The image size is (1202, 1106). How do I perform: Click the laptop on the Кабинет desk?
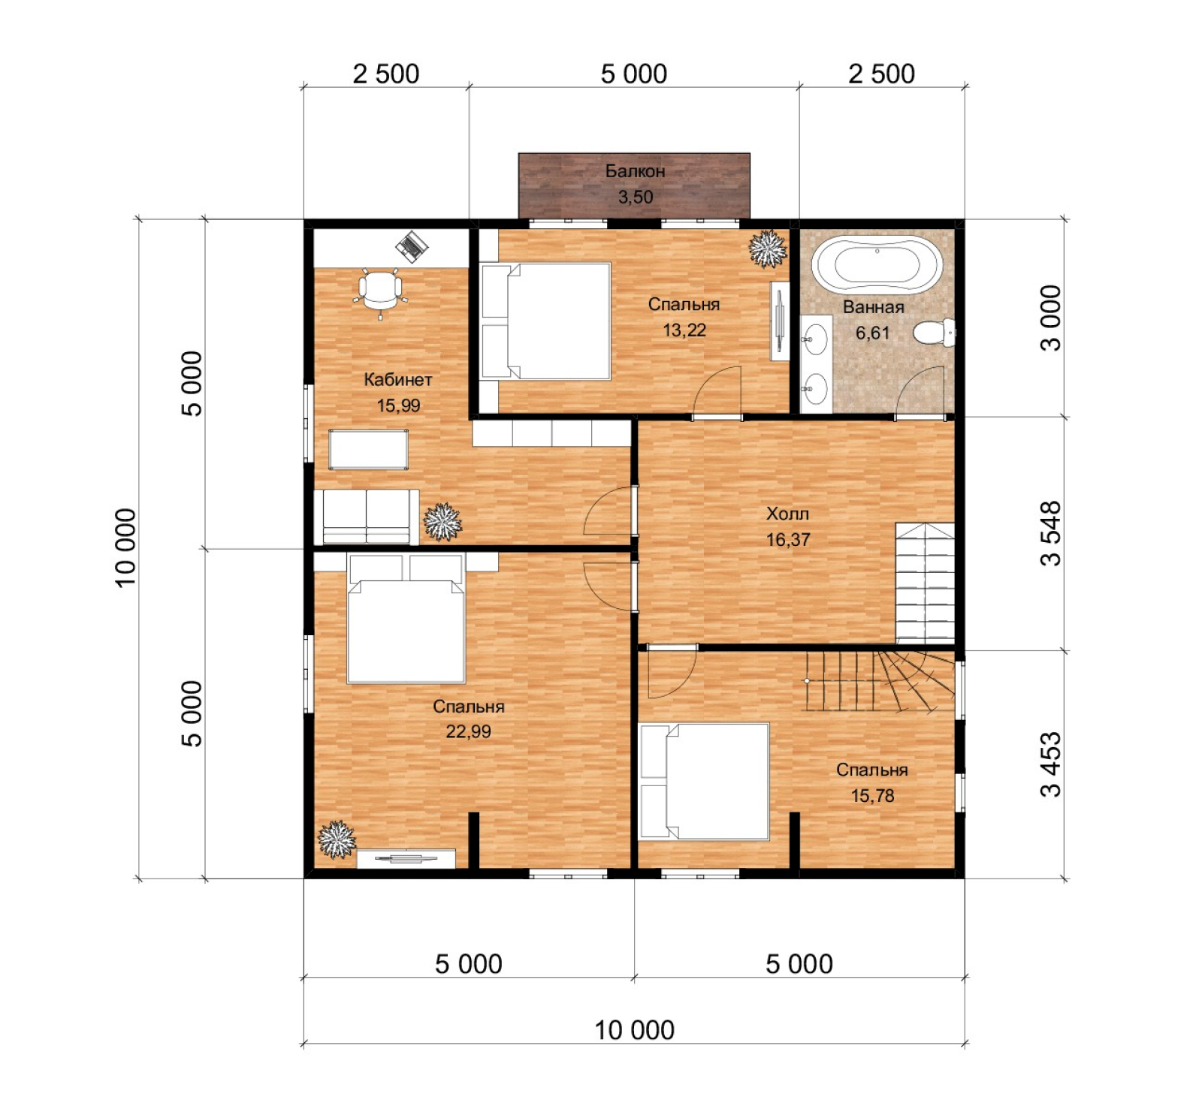pyautogui.click(x=412, y=246)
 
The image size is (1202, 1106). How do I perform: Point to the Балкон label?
pyautogui.click(x=635, y=171)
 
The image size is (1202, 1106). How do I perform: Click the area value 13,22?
pyautogui.click(x=684, y=330)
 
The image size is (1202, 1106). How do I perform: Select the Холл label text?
pyautogui.click(x=787, y=514)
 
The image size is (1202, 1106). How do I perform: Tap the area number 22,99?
pyautogui.click(x=468, y=731)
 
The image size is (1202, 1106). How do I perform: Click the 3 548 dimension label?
pyautogui.click(x=1051, y=533)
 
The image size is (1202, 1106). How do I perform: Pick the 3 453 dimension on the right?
pyautogui.click(x=1051, y=764)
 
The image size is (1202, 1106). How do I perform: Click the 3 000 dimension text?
pyautogui.click(x=1051, y=318)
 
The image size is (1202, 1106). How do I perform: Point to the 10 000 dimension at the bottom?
pyautogui.click(x=635, y=1030)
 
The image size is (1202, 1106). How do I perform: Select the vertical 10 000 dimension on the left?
pyautogui.click(x=125, y=547)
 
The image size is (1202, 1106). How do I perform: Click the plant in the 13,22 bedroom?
pyautogui.click(x=767, y=249)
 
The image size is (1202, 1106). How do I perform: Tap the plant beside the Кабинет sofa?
pyautogui.click(x=442, y=522)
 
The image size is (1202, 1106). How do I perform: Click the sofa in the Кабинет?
pyautogui.click(x=367, y=517)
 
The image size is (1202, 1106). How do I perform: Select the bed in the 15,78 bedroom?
pyautogui.click(x=704, y=781)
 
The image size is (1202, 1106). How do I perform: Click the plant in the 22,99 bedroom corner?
pyautogui.click(x=337, y=839)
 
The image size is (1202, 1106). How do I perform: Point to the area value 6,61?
pyautogui.click(x=872, y=333)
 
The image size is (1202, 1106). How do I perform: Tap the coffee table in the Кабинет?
pyautogui.click(x=368, y=450)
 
